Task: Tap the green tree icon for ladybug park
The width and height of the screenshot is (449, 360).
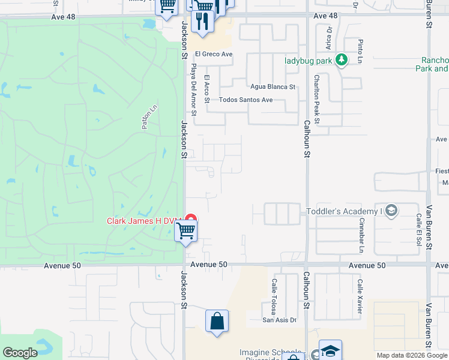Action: [341, 60]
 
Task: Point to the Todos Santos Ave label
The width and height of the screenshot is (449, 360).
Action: [246, 100]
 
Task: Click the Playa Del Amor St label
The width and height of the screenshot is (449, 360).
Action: [193, 89]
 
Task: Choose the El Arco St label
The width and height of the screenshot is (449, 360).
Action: [207, 89]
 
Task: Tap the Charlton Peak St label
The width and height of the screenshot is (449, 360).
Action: [317, 100]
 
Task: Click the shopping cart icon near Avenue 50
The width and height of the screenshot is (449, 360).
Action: [186, 230]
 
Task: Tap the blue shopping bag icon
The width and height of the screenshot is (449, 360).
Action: [217, 320]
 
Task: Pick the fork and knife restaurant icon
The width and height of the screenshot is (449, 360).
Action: [202, 22]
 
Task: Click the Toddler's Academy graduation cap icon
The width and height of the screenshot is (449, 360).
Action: [391, 211]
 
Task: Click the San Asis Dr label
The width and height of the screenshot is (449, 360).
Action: [279, 320]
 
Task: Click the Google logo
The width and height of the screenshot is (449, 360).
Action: [20, 353]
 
